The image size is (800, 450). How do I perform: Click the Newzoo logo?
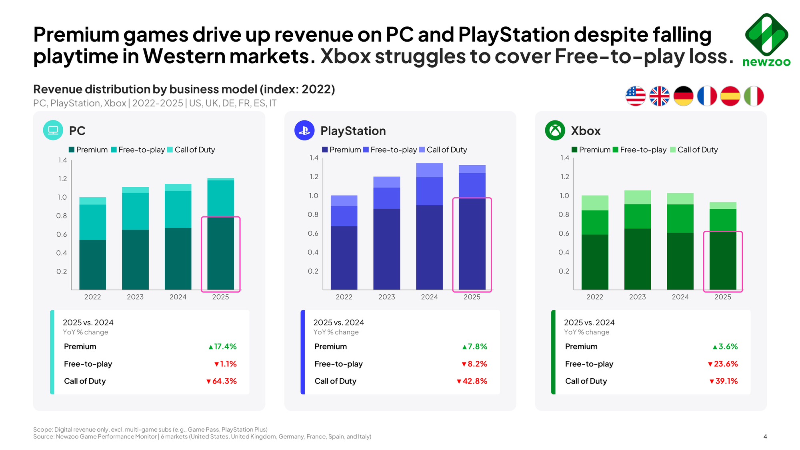(766, 40)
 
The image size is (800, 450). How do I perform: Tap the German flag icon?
(683, 96)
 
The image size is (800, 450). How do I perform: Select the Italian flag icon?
(754, 96)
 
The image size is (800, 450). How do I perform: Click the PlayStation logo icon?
(304, 130)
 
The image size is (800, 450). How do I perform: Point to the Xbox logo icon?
(555, 130)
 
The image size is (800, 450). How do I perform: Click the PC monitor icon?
(53, 130)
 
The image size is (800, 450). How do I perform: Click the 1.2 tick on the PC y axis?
(62, 178)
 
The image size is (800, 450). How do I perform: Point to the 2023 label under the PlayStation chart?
(386, 297)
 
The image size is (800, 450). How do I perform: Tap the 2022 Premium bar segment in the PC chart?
(92, 264)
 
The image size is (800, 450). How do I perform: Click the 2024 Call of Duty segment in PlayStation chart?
(429, 170)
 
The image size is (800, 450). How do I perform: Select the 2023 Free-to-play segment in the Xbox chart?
(637, 216)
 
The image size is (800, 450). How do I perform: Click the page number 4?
(765, 436)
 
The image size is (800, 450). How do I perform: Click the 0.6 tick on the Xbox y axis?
(564, 233)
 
